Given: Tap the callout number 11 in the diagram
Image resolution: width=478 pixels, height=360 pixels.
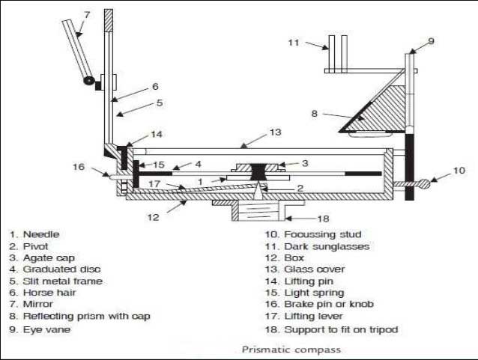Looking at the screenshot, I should pyautogui.click(x=293, y=43).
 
